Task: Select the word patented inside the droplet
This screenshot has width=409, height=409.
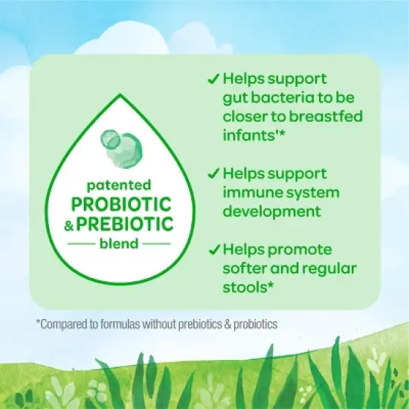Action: pyautogui.click(x=122, y=184)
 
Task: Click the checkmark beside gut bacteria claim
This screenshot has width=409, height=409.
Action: pyautogui.click(x=212, y=77)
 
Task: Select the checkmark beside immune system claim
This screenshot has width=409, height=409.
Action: pyautogui.click(x=212, y=173)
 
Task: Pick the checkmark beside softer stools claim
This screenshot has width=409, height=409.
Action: pyautogui.click(x=212, y=250)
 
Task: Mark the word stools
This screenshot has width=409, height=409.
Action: pyautogui.click(x=245, y=288)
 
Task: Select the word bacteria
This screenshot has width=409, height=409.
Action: pyautogui.click(x=277, y=97)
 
